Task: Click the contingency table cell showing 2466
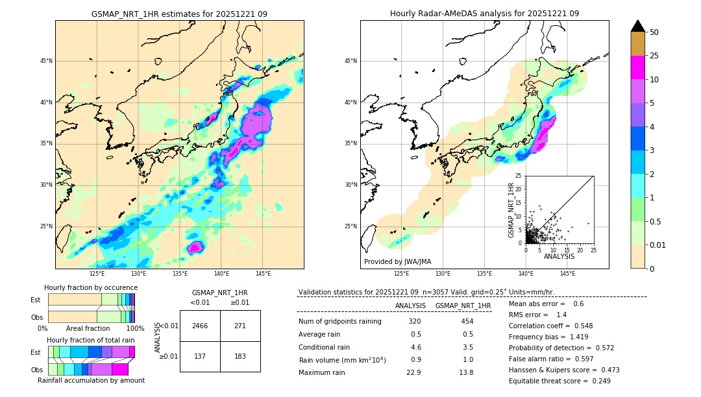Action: pos(200,326)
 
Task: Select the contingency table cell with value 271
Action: pos(240,326)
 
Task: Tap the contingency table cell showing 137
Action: pos(200,357)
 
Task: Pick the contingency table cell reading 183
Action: pos(240,357)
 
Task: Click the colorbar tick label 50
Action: pos(654,32)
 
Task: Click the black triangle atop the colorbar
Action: pos(638,26)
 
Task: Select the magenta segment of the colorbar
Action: pos(638,67)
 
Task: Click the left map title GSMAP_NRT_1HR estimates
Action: pos(179,14)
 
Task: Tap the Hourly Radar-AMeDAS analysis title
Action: pos(484,14)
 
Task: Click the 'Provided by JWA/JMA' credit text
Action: pos(397,261)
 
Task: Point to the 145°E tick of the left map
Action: pos(263,274)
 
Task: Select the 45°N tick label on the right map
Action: pos(350,61)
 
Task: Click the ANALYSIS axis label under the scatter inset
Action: pos(559,256)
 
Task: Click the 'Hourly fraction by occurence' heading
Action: pos(91,287)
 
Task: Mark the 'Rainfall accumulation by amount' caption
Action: pos(91,381)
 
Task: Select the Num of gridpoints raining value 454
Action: pos(467,322)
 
